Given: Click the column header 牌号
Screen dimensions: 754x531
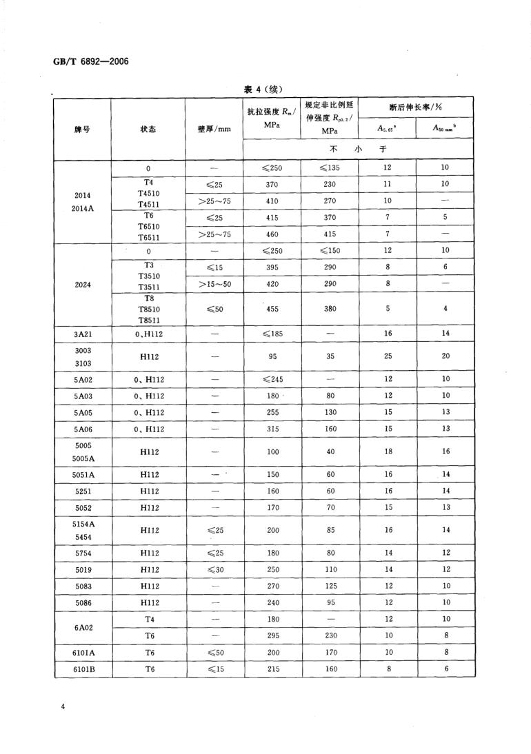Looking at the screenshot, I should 82,130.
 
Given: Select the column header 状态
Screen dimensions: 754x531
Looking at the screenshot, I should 148,130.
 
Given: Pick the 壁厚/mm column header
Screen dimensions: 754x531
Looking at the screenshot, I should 214,130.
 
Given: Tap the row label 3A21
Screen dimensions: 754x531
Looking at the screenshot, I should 83,334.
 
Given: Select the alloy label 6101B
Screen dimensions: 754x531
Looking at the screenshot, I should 83,669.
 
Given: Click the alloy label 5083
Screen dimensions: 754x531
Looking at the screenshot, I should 83,587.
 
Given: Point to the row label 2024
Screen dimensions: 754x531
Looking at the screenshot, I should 83,283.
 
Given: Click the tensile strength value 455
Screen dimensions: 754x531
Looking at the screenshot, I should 272,309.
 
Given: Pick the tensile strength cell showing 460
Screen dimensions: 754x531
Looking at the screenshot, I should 272,234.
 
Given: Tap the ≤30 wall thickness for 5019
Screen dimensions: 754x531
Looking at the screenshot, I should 214,569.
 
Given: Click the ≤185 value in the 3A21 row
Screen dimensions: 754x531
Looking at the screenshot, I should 272,334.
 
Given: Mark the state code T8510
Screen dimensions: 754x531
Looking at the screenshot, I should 148,309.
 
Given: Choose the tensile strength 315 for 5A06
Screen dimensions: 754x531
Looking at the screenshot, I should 272,429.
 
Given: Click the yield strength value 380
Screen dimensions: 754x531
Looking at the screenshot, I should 330,309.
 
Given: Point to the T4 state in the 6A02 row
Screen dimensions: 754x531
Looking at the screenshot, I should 148,619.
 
